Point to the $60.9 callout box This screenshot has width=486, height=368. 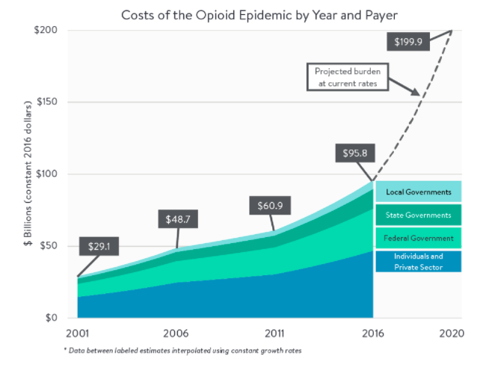click(x=271, y=205)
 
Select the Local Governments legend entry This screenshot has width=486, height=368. click(x=418, y=192)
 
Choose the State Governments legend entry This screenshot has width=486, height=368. click(x=418, y=215)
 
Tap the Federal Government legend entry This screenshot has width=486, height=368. click(x=418, y=238)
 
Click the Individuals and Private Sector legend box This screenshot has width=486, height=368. click(x=418, y=260)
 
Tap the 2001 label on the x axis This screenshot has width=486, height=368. click(x=77, y=332)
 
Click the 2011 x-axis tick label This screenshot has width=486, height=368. click(x=274, y=332)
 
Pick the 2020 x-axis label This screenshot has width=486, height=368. click(x=452, y=332)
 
